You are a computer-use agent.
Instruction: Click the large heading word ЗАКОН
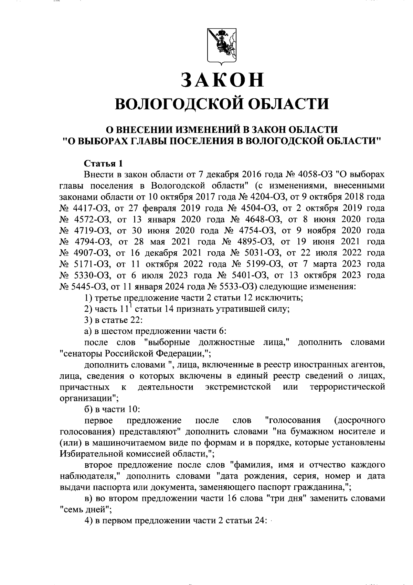[223, 80]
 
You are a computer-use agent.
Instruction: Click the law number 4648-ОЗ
[259, 219]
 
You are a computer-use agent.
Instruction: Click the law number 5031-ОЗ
[258, 253]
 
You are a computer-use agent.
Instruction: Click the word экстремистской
[237, 387]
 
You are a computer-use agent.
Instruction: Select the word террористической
[347, 387]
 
